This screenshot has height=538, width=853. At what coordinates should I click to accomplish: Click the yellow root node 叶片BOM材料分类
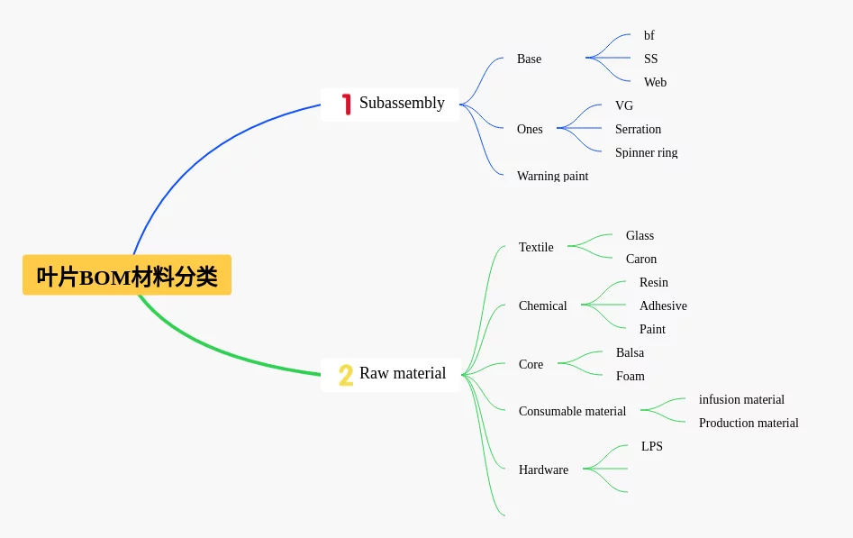(x=127, y=275)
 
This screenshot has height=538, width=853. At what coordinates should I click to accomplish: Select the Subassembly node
(x=402, y=103)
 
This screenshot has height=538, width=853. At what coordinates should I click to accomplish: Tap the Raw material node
(x=402, y=373)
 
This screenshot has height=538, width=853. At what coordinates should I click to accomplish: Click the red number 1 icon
(x=346, y=104)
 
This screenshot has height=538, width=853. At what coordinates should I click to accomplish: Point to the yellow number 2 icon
(x=346, y=375)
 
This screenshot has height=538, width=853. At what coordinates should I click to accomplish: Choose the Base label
(x=529, y=59)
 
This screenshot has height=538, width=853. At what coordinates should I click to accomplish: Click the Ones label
(x=530, y=129)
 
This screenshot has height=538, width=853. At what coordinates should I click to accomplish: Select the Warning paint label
(x=552, y=176)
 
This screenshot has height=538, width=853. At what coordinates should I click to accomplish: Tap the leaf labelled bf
(x=649, y=35)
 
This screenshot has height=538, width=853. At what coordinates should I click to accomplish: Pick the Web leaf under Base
(x=655, y=82)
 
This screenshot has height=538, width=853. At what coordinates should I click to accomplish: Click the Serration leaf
(x=638, y=129)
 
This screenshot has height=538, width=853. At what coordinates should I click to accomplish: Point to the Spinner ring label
(x=646, y=152)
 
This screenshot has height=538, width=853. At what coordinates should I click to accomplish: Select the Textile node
(x=536, y=247)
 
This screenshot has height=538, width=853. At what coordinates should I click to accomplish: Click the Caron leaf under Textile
(x=641, y=259)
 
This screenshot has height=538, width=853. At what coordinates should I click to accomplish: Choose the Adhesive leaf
(x=663, y=305)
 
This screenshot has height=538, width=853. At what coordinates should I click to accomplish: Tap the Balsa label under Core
(x=630, y=352)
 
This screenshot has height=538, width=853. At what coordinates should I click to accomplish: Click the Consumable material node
(x=572, y=411)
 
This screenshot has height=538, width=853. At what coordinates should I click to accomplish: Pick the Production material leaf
(x=749, y=423)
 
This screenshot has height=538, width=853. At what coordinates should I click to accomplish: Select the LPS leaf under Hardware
(x=651, y=446)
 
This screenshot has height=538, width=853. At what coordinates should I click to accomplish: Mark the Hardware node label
(x=543, y=470)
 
